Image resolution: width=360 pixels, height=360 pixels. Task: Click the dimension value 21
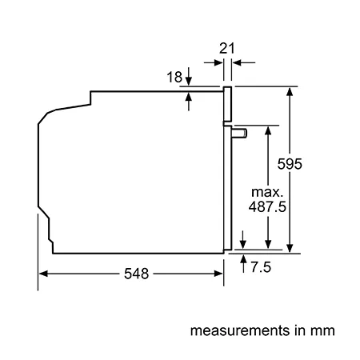227,48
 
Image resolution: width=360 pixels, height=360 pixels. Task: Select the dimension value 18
174,77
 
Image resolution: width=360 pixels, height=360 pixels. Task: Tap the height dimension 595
290,164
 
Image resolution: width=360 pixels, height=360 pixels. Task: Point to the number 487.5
267,206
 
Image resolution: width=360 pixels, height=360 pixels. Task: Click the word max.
267,192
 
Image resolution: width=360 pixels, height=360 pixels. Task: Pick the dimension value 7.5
261,267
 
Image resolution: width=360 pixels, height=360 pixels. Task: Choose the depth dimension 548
136,274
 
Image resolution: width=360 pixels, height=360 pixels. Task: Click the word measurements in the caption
240,330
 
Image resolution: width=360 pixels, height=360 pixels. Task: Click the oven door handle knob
239,133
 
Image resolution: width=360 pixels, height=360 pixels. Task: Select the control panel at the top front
227,104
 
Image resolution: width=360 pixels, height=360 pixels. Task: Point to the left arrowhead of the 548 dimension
43,274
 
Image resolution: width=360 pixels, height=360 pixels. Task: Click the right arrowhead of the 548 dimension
218,274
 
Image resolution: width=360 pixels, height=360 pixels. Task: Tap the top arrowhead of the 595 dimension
290,91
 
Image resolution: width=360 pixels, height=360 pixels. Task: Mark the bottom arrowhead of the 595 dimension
290,248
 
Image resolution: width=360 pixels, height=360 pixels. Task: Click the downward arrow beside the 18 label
189,76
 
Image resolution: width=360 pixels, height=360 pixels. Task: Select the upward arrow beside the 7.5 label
243,263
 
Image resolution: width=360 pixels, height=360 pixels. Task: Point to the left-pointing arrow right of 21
243,62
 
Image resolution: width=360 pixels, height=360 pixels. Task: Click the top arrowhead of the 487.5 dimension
268,130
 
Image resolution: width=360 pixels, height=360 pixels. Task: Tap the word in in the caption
300,330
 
